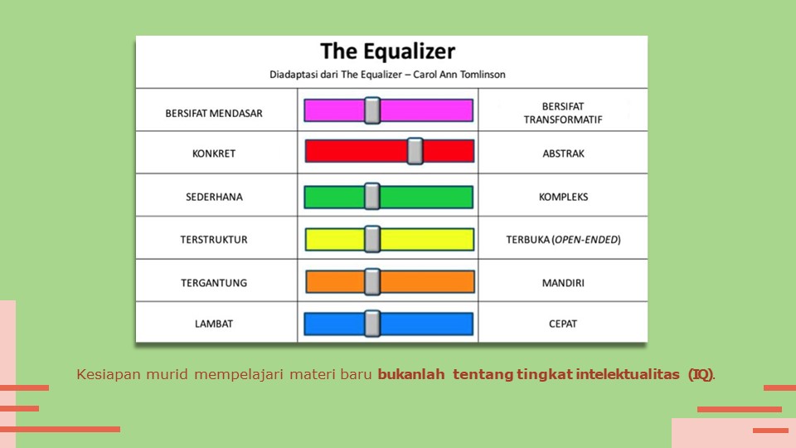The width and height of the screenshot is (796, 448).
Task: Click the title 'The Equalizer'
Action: click(x=388, y=51)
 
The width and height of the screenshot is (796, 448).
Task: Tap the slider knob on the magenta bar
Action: click(x=372, y=110)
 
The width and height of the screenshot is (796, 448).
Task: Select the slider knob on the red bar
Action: click(x=415, y=151)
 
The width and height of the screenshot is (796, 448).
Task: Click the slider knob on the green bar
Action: click(x=371, y=197)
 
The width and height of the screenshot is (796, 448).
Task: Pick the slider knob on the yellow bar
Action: click(x=372, y=239)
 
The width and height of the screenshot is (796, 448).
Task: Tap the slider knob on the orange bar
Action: click(x=372, y=282)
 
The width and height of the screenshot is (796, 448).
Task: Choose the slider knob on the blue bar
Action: click(x=372, y=324)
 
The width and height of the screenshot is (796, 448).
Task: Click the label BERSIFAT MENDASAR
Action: click(x=214, y=113)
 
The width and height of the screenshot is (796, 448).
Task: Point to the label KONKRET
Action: click(x=214, y=153)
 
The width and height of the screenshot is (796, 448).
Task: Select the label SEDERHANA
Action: click(x=214, y=197)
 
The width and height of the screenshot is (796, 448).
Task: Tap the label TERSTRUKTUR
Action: click(x=214, y=240)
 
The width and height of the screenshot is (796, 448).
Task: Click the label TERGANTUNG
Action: click(x=214, y=283)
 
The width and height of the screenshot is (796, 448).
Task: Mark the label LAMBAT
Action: click(x=214, y=324)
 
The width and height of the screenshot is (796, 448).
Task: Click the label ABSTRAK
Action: click(x=563, y=153)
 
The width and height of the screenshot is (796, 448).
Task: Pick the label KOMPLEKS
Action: click(x=563, y=197)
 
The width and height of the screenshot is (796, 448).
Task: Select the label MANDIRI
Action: click(x=563, y=283)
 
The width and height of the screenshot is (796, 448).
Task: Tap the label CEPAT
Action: click(x=563, y=324)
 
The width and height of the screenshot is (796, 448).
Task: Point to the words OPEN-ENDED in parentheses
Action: click(x=585, y=240)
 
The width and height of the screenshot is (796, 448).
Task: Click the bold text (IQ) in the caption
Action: click(x=700, y=374)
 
